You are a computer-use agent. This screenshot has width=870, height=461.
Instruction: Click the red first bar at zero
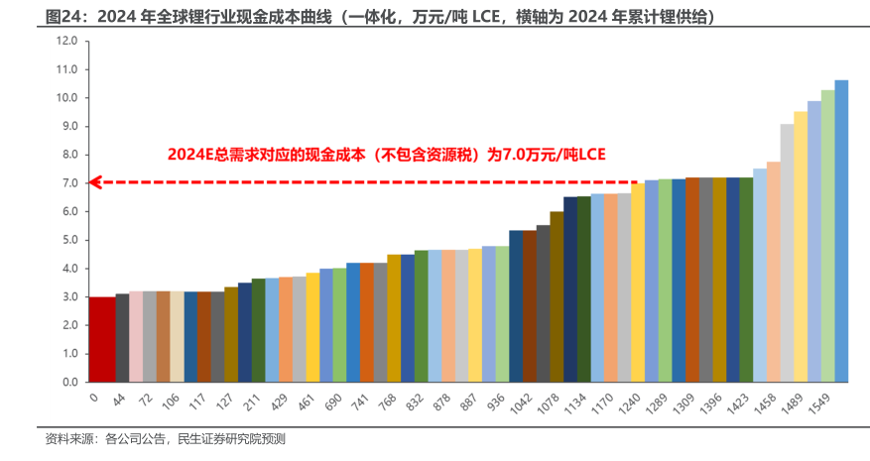click(x=101, y=339)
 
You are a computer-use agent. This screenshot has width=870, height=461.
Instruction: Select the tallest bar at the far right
click(x=841, y=231)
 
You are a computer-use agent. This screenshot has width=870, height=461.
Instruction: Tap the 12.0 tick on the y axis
click(x=67, y=42)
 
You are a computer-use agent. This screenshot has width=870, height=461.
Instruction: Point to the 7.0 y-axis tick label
click(x=67, y=183)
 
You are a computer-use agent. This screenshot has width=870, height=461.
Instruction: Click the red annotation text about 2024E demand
click(x=385, y=155)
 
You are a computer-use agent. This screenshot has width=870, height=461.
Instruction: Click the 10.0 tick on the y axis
click(x=67, y=98)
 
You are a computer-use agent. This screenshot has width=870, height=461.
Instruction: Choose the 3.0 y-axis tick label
click(x=67, y=297)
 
